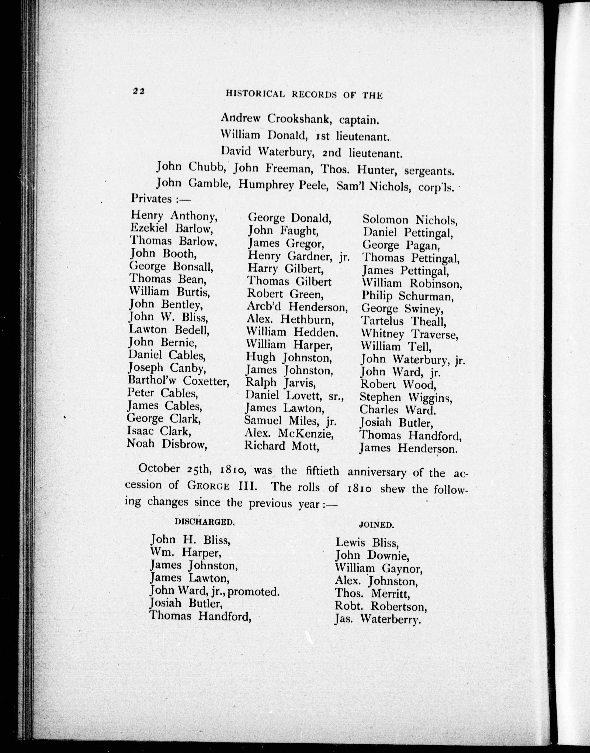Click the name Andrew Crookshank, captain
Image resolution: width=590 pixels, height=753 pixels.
(300, 119)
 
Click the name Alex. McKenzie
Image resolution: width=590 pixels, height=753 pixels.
(289, 433)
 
